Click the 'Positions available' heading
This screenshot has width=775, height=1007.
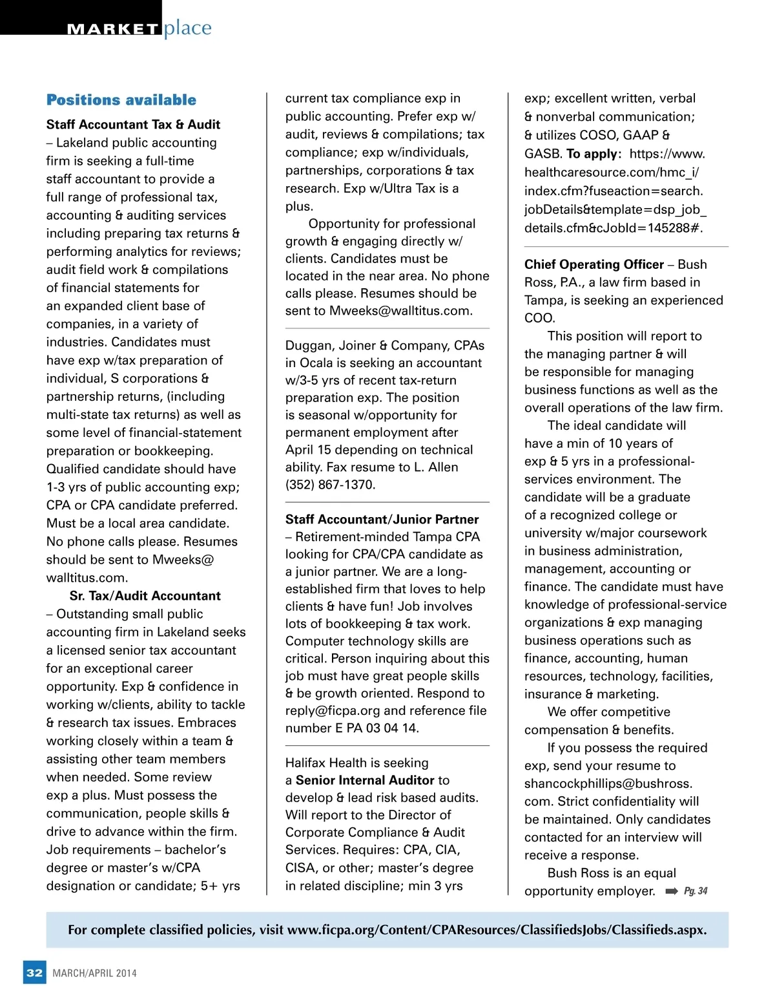(x=121, y=100)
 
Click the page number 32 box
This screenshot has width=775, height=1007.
(x=35, y=973)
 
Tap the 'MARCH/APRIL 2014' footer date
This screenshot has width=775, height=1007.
(x=95, y=973)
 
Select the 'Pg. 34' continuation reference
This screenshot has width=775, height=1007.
(x=696, y=891)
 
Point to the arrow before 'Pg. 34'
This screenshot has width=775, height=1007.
(x=672, y=892)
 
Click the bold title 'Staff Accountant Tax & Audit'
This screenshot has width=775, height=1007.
(x=133, y=125)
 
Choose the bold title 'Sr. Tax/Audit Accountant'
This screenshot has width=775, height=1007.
(x=145, y=596)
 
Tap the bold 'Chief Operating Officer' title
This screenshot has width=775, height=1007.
(x=594, y=264)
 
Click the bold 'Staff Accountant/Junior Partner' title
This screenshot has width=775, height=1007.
(x=382, y=520)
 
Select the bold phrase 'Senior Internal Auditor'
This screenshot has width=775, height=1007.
(x=365, y=781)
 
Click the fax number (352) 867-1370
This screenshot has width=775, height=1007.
(x=330, y=485)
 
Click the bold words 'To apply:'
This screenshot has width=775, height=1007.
(x=594, y=154)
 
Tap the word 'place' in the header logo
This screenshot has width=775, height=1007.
(x=187, y=28)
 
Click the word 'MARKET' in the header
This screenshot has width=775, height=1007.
(x=113, y=29)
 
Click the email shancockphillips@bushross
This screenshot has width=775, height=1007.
(x=608, y=784)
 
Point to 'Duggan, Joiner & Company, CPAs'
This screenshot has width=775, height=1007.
(x=385, y=346)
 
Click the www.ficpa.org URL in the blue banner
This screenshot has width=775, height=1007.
(x=496, y=930)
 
